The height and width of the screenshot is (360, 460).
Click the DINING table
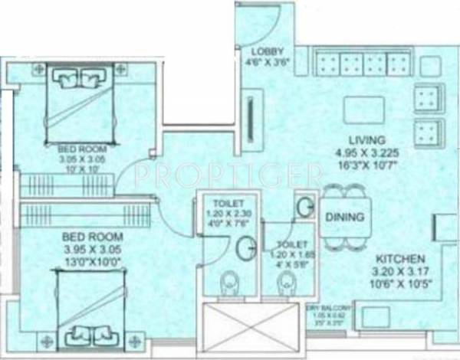[344, 217]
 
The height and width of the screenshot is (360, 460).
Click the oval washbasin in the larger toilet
[247, 247]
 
